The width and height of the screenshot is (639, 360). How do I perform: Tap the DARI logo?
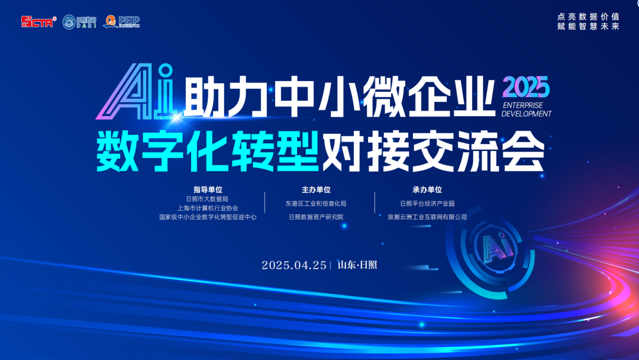click(79, 21)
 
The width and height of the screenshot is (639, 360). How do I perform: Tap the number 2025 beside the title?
click(526, 88)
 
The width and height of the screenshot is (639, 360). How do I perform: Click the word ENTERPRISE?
click(522, 105)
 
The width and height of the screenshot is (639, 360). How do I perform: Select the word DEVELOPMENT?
click(526, 114)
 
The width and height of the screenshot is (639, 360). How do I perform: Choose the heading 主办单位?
click(316, 189)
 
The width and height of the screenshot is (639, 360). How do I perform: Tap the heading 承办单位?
click(427, 189)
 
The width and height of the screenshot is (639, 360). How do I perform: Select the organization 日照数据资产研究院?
click(316, 217)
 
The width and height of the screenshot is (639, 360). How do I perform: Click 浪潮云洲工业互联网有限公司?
click(427, 217)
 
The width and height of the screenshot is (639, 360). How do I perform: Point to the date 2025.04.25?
click(294, 265)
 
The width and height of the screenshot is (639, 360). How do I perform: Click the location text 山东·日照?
click(357, 265)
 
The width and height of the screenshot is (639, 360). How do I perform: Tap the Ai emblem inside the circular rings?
click(493, 247)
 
